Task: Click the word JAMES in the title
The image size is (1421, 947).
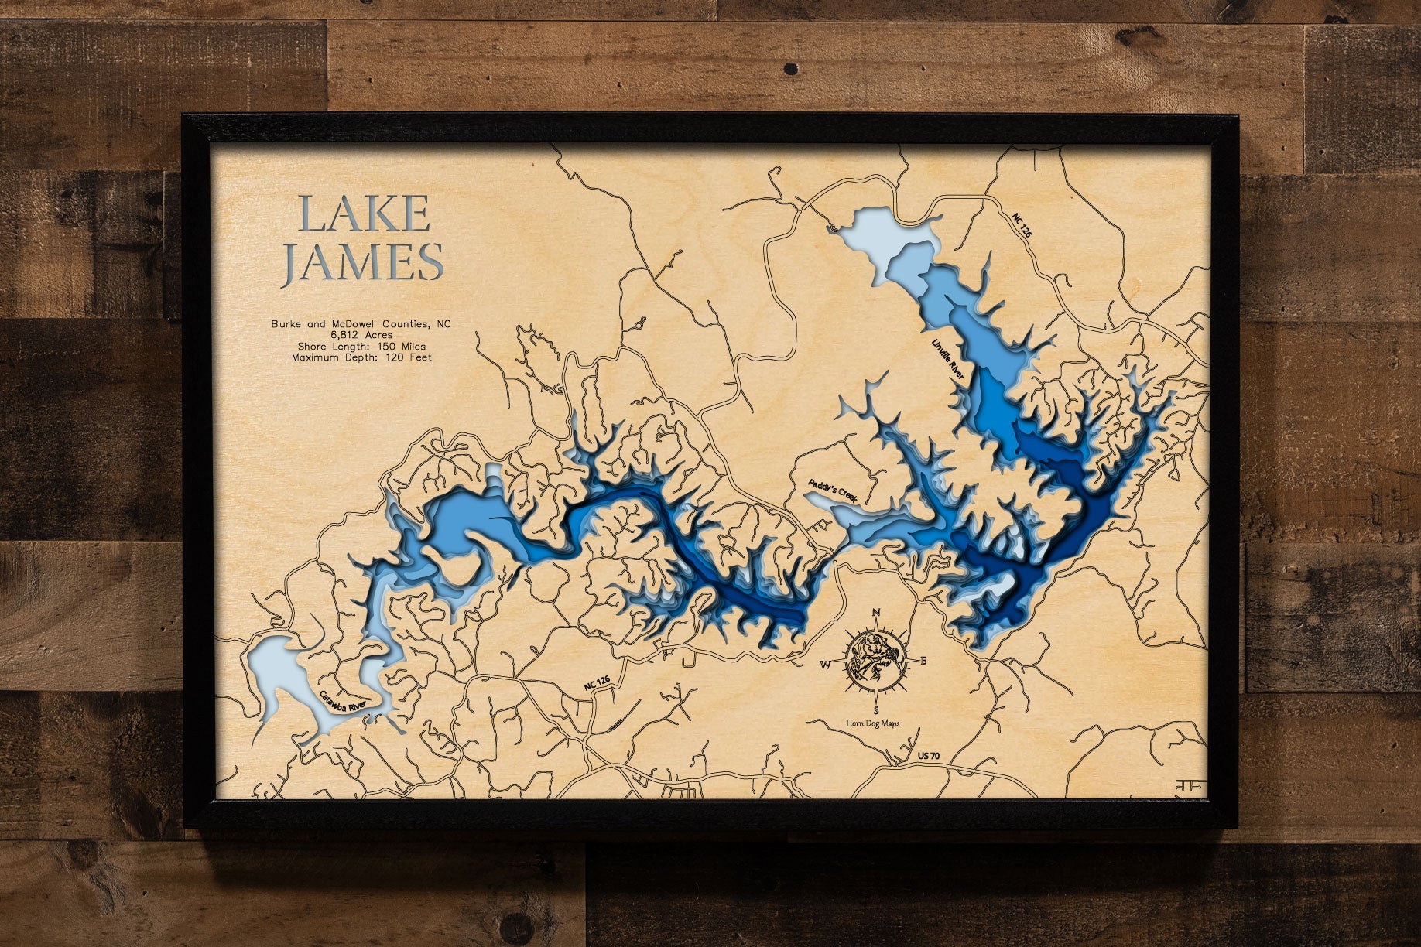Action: click(362, 262)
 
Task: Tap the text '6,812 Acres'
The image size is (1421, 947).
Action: click(361, 335)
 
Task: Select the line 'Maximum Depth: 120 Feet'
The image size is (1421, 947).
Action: click(361, 357)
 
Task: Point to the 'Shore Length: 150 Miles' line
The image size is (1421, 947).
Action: click(361, 347)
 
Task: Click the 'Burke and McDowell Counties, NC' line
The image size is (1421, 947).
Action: click(361, 323)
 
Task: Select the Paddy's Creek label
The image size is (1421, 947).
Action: click(834, 492)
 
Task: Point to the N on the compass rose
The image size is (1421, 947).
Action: click(877, 613)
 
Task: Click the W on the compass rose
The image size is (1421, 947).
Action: click(825, 663)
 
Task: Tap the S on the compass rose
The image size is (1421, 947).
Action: click(876, 709)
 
